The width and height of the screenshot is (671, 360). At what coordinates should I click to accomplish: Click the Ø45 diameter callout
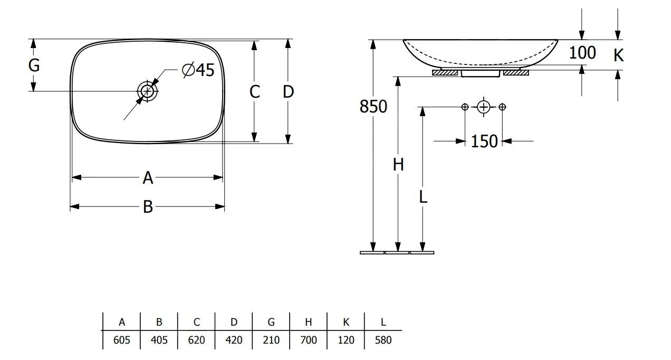[x=198, y=70]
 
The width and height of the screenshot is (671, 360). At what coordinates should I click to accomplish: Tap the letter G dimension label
[x=34, y=65]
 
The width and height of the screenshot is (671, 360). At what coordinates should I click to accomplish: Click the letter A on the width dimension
[x=148, y=178]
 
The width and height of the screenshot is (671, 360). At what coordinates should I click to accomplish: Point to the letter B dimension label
[x=148, y=207]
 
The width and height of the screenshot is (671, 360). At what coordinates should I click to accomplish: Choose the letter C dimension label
[x=254, y=92]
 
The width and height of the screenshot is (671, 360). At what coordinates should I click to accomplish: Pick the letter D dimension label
[x=287, y=92]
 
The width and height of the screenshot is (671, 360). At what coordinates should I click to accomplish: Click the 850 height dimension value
[x=373, y=107]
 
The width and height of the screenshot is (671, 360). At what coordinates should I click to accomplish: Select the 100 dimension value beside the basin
[x=582, y=53]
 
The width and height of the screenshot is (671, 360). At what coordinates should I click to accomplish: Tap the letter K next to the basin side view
[x=618, y=55]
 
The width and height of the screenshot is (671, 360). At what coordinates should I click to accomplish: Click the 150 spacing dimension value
[x=484, y=141]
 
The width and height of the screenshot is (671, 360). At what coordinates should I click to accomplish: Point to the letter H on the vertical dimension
[x=398, y=165]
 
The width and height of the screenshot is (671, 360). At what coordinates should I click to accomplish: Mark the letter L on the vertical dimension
[x=423, y=197]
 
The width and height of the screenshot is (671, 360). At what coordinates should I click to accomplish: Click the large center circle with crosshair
[x=484, y=107]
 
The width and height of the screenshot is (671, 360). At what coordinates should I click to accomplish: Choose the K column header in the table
[x=346, y=322]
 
